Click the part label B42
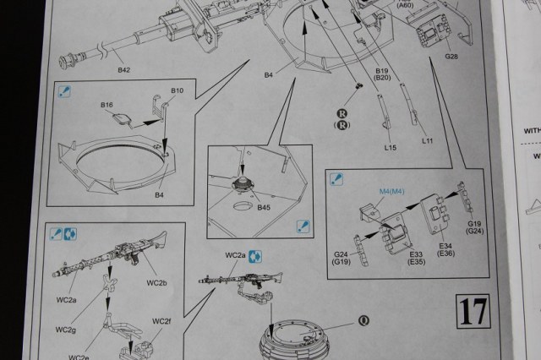tap(123, 68)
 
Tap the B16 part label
tap(107, 105)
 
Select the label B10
tap(178, 90)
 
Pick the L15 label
tap(390, 148)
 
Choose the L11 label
tap(427, 140)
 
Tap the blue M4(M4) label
tap(392, 191)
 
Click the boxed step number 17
tap(473, 312)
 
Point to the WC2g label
tap(67, 329)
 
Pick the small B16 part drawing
tap(121, 119)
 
